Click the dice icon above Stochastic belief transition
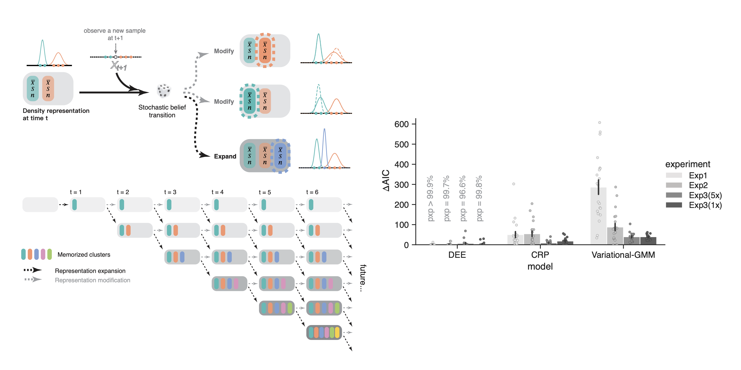coord(164,91)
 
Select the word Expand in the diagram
coord(225,156)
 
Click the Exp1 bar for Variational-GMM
coord(598,216)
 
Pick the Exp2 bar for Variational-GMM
coord(615,236)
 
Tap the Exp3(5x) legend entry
coord(694,195)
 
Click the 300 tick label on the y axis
coord(402,185)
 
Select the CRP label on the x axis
coord(540,255)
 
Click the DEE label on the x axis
coord(457,255)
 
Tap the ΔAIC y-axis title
coord(386,181)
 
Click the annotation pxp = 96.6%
coord(463,199)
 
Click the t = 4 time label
coord(217,192)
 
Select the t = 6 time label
coord(312,192)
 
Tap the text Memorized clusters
coord(84,254)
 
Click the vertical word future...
coord(363,278)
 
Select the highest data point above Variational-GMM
coord(600,123)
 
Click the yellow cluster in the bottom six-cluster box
coord(337,332)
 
